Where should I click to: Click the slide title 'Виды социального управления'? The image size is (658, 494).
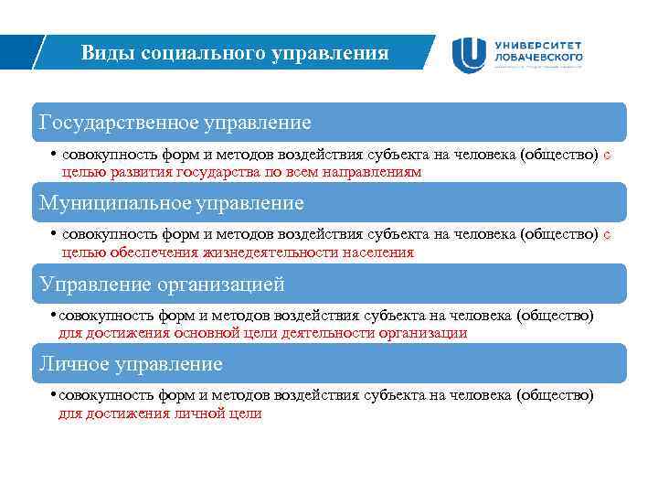(x=235, y=53)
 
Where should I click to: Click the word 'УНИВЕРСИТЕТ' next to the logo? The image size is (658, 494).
(x=538, y=45)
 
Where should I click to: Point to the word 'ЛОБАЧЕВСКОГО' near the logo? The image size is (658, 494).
(x=538, y=57)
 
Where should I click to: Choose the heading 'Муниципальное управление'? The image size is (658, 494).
(x=172, y=201)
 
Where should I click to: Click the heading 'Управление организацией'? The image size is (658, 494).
(x=162, y=284)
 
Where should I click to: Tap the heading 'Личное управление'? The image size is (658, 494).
(x=131, y=363)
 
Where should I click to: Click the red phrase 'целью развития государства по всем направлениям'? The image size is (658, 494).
(x=241, y=172)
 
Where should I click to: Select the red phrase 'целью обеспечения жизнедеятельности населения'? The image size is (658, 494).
(x=238, y=252)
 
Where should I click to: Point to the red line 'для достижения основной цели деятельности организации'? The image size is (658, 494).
(x=262, y=333)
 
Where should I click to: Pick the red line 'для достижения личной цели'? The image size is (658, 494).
(x=160, y=413)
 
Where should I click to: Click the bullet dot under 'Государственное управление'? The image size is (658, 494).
(x=55, y=155)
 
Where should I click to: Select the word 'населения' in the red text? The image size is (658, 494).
(x=380, y=252)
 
